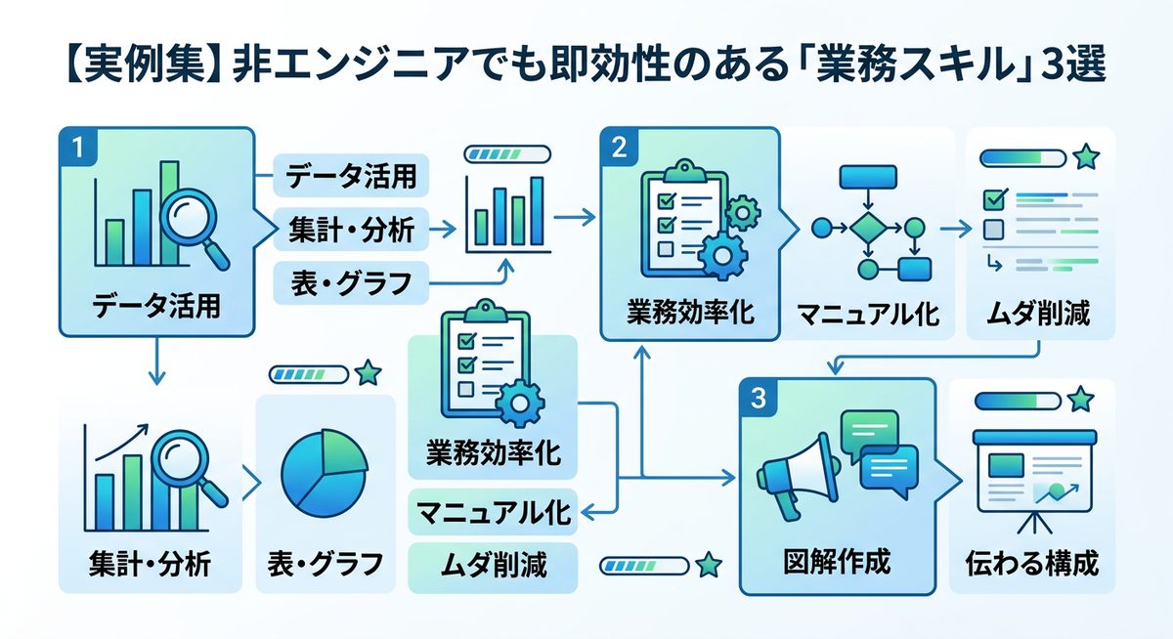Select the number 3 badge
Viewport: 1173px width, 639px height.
coord(760,399)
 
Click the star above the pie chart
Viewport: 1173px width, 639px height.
coord(368,372)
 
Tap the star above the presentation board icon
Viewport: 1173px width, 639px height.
coord(1079,399)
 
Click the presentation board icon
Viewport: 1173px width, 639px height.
coord(1030,473)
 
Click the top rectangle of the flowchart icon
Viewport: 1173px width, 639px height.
coord(867,177)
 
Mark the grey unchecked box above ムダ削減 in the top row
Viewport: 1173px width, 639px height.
coord(993,230)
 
